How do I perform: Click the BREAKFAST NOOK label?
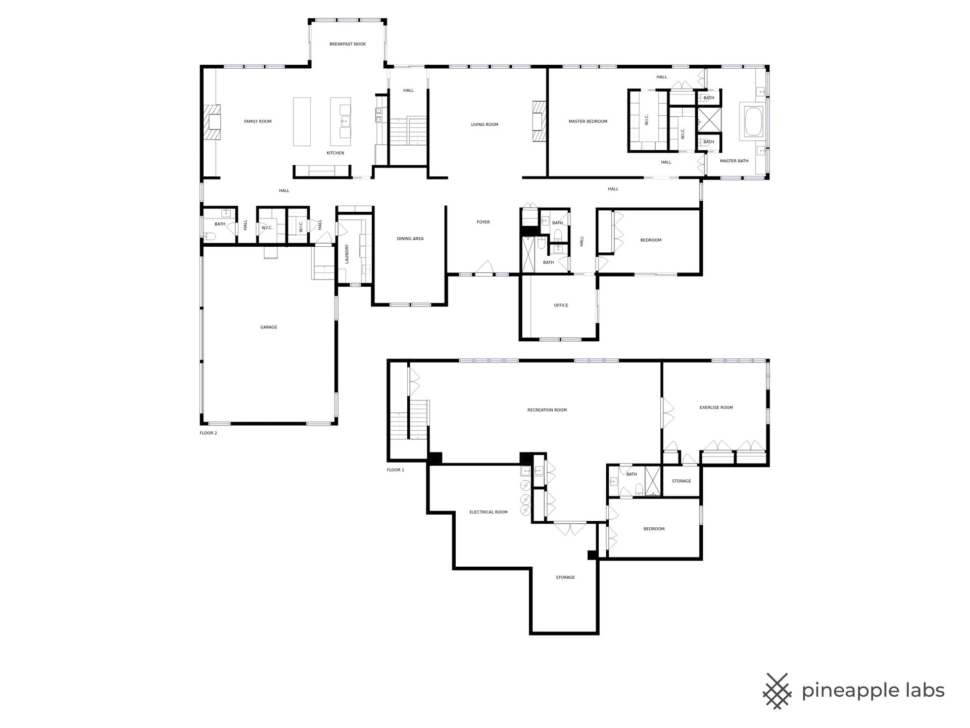pos(348,44)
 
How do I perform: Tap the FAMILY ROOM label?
pos(258,121)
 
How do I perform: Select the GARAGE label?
pos(268,327)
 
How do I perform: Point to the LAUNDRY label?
pos(347,254)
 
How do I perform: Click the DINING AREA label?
pos(410,239)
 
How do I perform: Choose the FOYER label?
pos(483,222)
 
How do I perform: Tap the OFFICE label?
pos(561,305)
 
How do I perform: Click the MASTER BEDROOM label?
pos(588,121)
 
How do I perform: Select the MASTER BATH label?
pos(734,161)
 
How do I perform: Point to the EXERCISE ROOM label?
pos(716,407)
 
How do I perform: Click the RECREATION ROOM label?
pos(547,410)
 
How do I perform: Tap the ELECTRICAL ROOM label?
pos(489,512)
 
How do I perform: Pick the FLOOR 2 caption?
pos(208,433)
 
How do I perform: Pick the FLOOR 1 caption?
pos(396,470)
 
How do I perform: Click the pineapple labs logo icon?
pos(777,690)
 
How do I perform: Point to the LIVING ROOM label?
pos(484,124)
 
